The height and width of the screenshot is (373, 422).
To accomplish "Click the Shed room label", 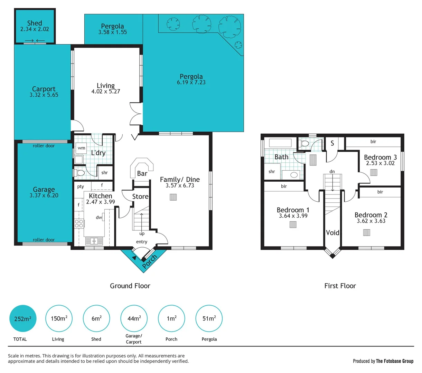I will coord(35,23).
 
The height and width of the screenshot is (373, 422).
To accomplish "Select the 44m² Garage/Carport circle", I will coord(134,318).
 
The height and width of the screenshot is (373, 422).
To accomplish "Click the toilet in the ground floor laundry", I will coord(80,172).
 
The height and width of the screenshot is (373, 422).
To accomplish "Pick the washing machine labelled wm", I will coord(81,148).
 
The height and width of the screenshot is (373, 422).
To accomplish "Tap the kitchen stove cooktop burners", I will coord(79,223).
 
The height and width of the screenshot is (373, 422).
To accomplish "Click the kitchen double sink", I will coord(92,241).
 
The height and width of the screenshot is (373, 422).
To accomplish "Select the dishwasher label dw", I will coord(99,217).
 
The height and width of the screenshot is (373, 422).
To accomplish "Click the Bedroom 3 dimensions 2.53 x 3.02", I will coord(380,163).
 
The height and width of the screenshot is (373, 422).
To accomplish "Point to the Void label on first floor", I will coord(332,233).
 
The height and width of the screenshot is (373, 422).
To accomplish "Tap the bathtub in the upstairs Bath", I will coord(280,143).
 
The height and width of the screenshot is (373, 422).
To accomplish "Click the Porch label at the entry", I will coord(150,261).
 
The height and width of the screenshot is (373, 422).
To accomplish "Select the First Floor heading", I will coord(340,286).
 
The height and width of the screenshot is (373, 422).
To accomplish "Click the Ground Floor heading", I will coord(130,286).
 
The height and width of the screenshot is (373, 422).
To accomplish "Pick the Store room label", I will coord(140,197).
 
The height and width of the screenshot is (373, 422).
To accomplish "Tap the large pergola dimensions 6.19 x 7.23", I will coord(191,82).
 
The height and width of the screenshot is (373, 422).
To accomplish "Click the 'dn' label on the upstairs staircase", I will coord(332,171).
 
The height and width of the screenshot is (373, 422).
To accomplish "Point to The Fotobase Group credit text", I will coord(394,361).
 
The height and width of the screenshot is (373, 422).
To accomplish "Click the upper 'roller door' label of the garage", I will coord(44,146).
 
